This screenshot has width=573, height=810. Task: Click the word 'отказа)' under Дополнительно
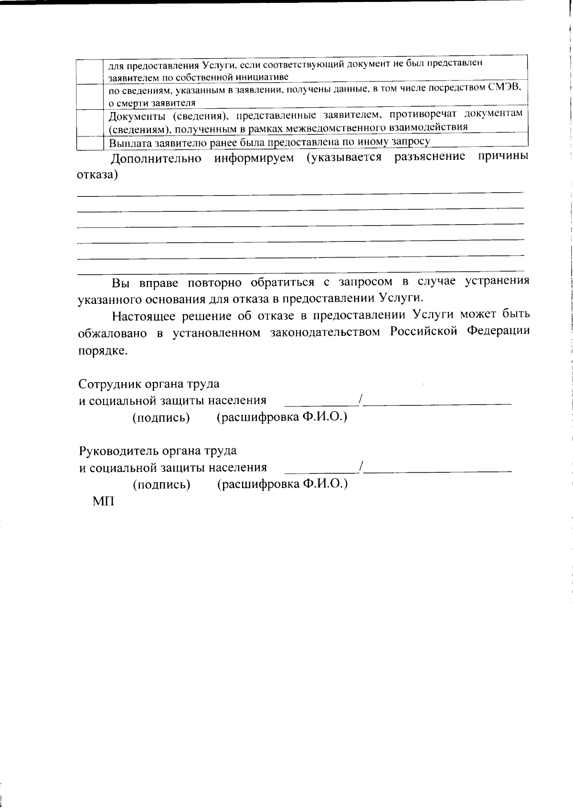coord(97,175)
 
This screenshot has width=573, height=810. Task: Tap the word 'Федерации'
coord(498,332)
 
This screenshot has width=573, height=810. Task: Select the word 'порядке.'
coord(96,351)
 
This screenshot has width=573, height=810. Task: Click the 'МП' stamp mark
coord(103,502)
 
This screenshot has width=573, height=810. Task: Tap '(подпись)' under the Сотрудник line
coord(161,418)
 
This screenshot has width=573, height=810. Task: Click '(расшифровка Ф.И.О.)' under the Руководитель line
coord(282,484)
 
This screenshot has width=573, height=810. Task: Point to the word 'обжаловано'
coord(112,332)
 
